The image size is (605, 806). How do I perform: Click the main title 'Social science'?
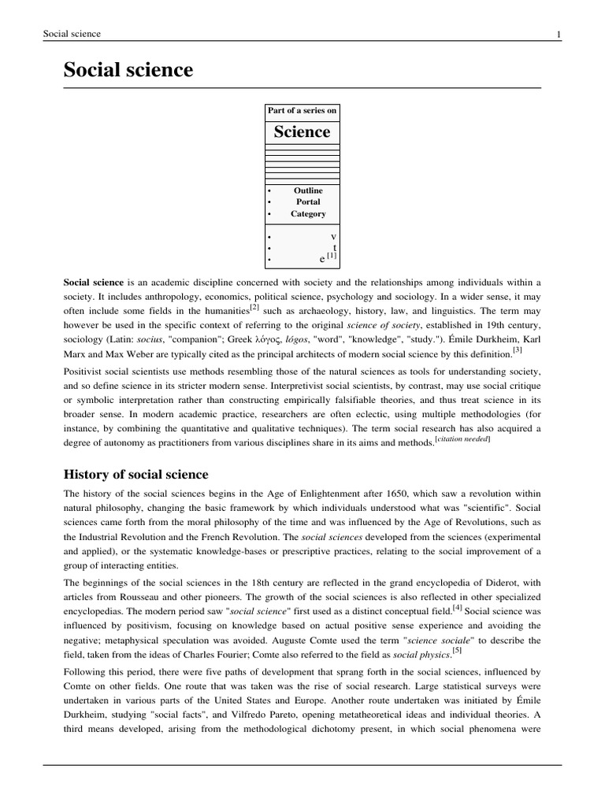128,70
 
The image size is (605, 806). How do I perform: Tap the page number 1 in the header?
558,34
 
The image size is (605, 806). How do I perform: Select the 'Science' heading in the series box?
302,131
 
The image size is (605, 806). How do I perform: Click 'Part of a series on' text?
302,110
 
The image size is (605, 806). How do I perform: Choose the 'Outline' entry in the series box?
308,190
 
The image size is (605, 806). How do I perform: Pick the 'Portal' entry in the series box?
308,201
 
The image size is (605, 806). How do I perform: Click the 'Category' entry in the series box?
308,213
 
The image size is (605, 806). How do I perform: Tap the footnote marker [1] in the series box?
332,256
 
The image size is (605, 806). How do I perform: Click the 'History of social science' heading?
135,474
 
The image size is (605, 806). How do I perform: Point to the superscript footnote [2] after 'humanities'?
254,307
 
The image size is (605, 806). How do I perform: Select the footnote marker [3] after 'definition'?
518,349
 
